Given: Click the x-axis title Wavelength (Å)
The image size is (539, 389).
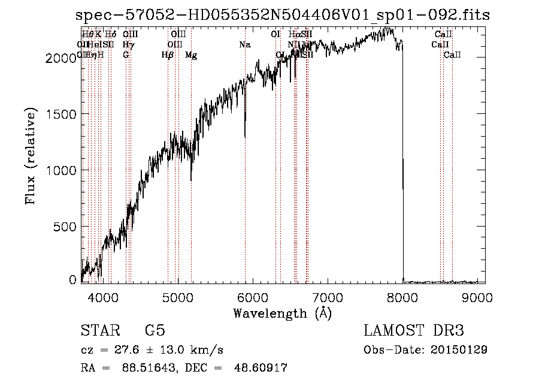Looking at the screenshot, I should [282, 313].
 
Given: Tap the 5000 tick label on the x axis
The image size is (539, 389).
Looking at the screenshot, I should [178, 295].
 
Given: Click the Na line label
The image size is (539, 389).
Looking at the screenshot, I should [244, 44].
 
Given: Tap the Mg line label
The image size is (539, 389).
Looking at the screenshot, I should [191, 55].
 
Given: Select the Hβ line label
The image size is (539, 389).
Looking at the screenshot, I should [168, 55].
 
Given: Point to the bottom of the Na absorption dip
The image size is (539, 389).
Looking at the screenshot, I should [245, 137].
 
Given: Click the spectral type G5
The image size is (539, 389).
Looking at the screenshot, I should [155, 331].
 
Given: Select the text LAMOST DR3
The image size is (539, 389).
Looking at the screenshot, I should [413, 331].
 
